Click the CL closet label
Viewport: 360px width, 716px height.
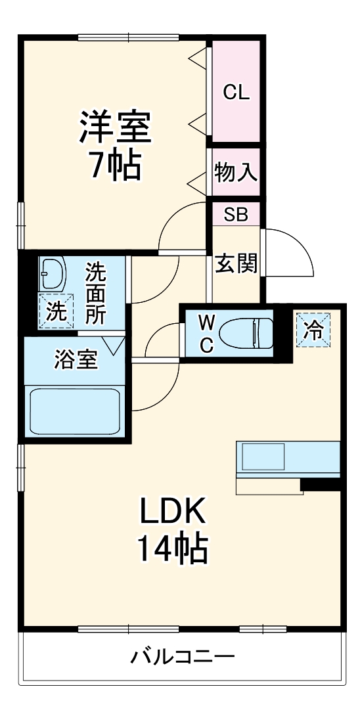point(236,93)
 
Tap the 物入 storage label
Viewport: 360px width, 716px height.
point(236,173)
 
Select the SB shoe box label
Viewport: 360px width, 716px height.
point(236,215)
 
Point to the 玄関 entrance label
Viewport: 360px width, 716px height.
point(236,263)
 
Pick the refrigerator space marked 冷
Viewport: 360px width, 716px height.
point(313,330)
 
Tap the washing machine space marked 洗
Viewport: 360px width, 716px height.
point(55,311)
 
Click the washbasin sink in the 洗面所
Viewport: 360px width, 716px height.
point(53,274)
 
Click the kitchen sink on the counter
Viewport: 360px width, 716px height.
point(263,457)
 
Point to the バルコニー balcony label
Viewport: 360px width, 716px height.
point(183,657)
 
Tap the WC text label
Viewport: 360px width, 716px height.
point(206,334)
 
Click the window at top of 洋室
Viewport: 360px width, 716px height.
point(128,38)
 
